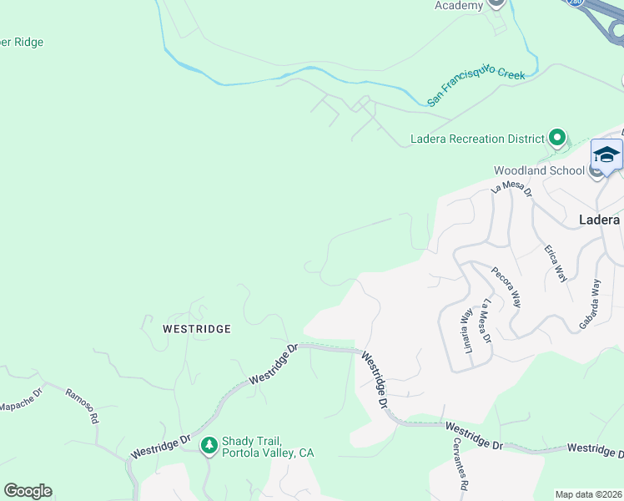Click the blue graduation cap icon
click(x=606, y=155)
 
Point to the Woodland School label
click(x=538, y=170)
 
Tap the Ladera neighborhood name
click(x=599, y=220)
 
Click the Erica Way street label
click(x=556, y=264)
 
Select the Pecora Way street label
click(x=506, y=287)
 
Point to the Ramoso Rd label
click(x=83, y=405)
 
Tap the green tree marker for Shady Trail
click(x=209, y=446)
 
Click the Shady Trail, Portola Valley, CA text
click(x=268, y=447)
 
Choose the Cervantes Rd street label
click(x=460, y=463)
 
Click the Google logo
click(x=28, y=491)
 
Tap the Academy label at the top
click(x=459, y=6)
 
